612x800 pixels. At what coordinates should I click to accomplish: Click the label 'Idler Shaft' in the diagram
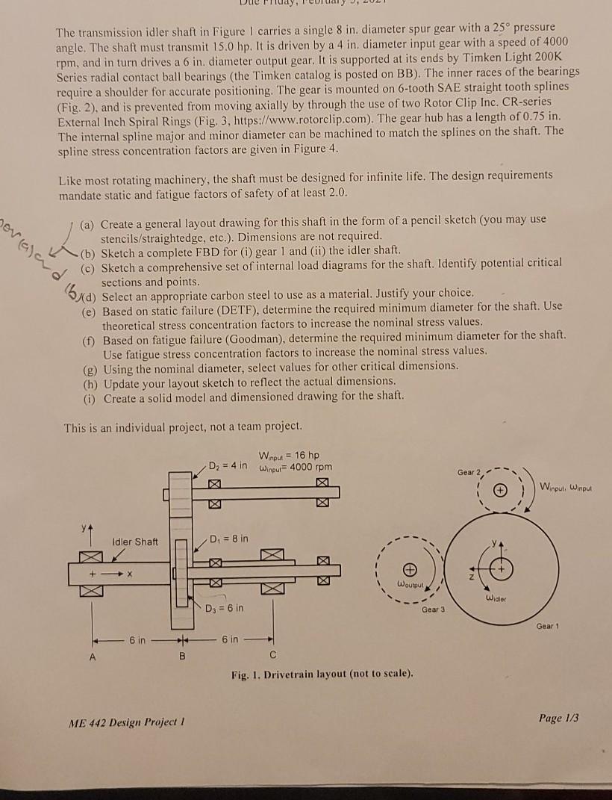[x=135, y=541]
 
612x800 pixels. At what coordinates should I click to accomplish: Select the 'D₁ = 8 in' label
[x=224, y=539]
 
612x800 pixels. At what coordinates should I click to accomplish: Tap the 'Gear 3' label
[x=432, y=610]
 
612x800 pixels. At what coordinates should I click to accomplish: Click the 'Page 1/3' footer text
[x=558, y=718]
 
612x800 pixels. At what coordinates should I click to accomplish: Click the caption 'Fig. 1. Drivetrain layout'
[x=321, y=675]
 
